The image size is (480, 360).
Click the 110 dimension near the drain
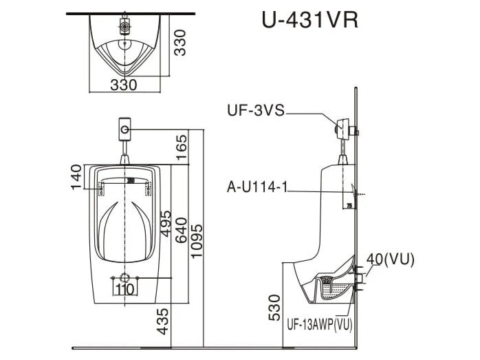click(x=124, y=289)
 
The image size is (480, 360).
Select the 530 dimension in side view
click(x=274, y=308)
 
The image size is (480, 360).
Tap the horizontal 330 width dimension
click(x=124, y=84)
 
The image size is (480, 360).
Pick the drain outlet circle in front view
click(x=124, y=278)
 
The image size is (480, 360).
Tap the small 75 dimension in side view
click(x=349, y=204)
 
